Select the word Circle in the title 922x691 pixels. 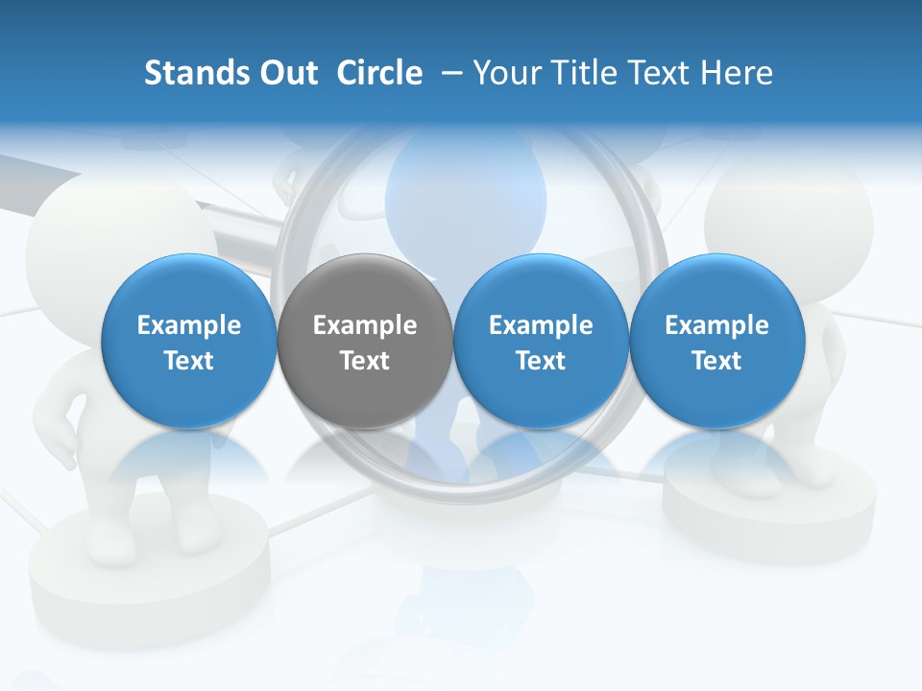(379, 73)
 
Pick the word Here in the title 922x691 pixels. (737, 73)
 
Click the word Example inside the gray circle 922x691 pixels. (365, 325)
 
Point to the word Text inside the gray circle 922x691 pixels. (365, 361)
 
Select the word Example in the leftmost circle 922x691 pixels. (188, 325)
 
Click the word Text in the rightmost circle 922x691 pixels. (717, 361)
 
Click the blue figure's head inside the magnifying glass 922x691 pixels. (461, 182)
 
